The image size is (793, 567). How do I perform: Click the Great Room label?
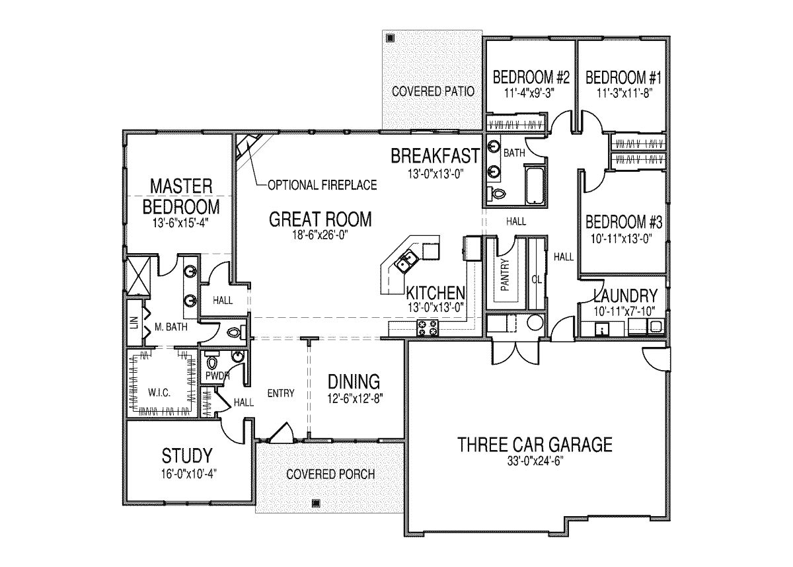(x=321, y=219)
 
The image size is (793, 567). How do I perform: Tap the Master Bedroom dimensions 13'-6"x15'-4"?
(x=180, y=223)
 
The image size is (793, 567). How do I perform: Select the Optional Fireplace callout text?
(x=322, y=185)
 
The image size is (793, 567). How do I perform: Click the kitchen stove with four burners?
(x=428, y=327)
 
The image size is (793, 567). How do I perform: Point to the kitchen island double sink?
(x=406, y=262)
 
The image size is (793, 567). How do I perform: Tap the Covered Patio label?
(x=433, y=92)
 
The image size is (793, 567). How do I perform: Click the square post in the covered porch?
(x=316, y=503)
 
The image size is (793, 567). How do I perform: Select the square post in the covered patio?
(x=390, y=38)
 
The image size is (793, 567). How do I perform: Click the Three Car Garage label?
(x=535, y=445)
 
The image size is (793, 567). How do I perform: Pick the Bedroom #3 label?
(x=623, y=222)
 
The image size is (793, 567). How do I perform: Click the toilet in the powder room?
(x=211, y=361)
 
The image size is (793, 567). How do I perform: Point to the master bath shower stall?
(x=138, y=274)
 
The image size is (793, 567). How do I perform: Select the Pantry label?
(x=505, y=275)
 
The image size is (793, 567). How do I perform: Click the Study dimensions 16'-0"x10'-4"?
(x=189, y=474)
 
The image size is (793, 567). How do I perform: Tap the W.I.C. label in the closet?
(x=159, y=393)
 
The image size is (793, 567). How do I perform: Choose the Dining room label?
(x=354, y=382)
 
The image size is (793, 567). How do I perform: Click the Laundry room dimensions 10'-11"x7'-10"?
(x=624, y=311)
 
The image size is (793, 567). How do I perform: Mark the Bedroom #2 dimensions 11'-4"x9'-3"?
(x=529, y=93)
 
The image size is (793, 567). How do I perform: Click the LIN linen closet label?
(x=133, y=322)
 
